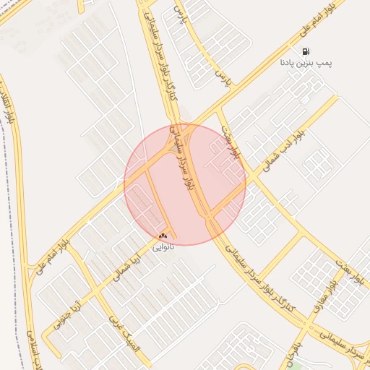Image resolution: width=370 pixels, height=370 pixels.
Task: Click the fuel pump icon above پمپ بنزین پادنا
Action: pyautogui.click(x=306, y=52)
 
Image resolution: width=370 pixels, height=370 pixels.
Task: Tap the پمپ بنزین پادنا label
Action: pyautogui.click(x=306, y=64)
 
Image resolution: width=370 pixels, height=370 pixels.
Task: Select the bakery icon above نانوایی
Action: pyautogui.click(x=163, y=236)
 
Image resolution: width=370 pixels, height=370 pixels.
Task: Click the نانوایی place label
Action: pyautogui.click(x=162, y=246)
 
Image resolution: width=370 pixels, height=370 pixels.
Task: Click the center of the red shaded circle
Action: pyautogui.click(x=185, y=184)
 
